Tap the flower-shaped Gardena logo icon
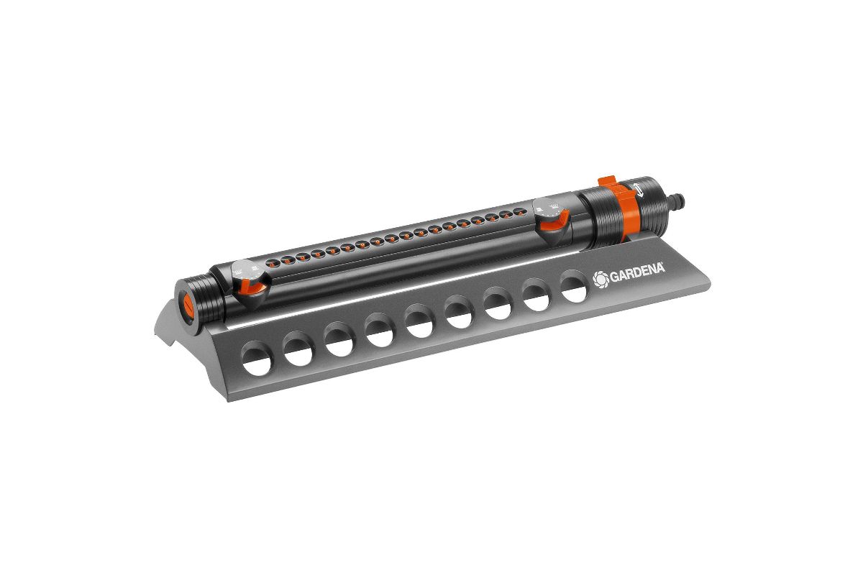point(601,280)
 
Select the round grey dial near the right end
point(548,211)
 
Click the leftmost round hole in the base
point(257,359)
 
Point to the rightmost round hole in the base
point(574,286)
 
